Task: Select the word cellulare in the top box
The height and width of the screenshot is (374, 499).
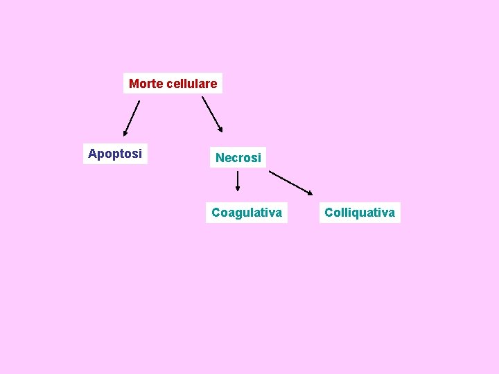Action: tap(192, 84)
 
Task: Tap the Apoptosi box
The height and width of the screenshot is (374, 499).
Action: tap(115, 153)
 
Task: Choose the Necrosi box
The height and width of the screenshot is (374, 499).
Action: tap(238, 158)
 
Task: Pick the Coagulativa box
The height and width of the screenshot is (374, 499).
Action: tap(247, 213)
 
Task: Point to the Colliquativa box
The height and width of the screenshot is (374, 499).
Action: tap(360, 213)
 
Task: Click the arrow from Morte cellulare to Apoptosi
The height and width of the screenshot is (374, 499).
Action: tap(132, 118)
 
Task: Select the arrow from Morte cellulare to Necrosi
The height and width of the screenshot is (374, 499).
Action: tap(211, 113)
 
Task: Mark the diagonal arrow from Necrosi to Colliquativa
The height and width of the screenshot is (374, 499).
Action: tap(290, 183)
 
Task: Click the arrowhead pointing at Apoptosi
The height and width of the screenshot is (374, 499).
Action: tap(125, 132)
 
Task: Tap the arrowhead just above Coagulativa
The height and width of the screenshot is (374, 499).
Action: tap(238, 188)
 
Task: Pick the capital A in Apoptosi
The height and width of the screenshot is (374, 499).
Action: tap(93, 153)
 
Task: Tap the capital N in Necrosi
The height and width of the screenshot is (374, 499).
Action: tap(220, 158)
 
